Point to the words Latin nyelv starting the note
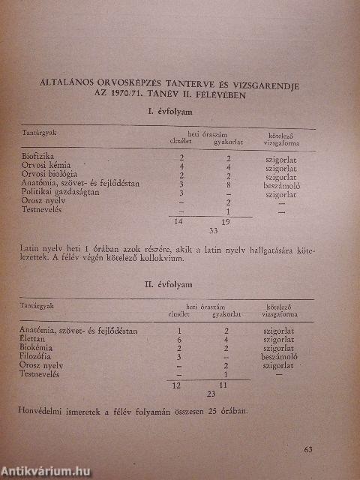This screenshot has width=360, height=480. click(x=40, y=248)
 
